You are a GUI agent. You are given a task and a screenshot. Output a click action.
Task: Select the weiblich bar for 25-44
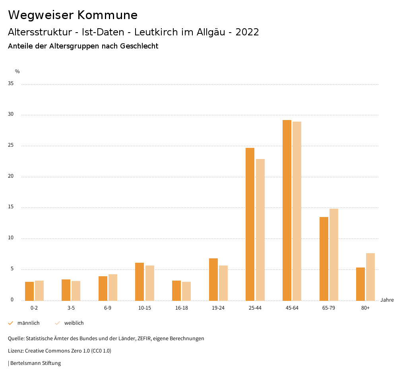tap(260, 230)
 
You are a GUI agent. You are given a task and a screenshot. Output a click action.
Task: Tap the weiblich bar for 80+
tap(370, 277)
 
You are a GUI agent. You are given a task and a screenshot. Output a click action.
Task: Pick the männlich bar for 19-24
tap(213, 279)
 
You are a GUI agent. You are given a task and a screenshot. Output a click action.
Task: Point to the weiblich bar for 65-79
tap(334, 254)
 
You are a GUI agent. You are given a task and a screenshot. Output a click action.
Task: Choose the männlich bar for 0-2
tap(29, 291)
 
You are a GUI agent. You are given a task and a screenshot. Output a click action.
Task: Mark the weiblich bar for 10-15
tap(150, 283)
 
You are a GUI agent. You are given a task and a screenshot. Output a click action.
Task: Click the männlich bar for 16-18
tap(176, 291)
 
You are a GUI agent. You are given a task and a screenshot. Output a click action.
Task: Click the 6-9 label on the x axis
tap(108, 308)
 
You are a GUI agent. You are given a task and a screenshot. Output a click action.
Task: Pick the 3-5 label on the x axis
tap(71, 308)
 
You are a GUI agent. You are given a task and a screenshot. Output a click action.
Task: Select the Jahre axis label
tap(387, 300)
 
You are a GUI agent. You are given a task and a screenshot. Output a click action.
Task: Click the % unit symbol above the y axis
tap(17, 72)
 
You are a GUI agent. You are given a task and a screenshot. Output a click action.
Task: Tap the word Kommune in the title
tap(107, 15)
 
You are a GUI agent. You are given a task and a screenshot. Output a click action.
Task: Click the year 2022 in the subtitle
tap(247, 32)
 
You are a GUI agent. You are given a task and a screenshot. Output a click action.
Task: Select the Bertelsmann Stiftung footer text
tap(35, 363)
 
